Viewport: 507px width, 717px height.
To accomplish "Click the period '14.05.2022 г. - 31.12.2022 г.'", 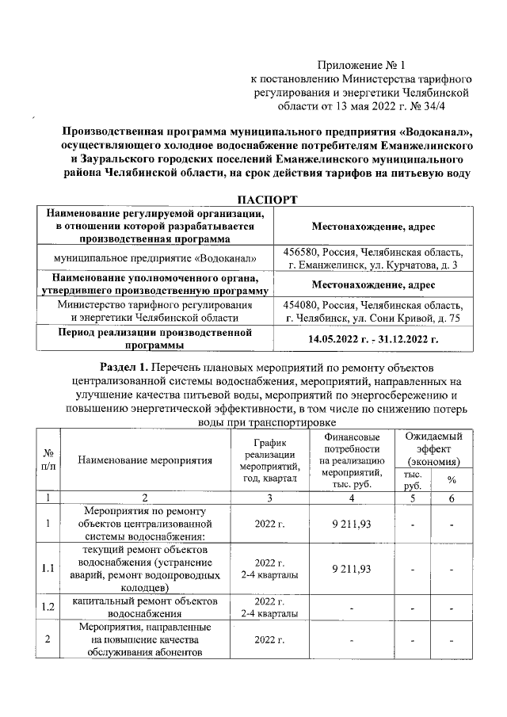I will pyautogui.click(x=373, y=338).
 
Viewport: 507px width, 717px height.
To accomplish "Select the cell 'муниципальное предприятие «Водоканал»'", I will pyautogui.click(x=154, y=258).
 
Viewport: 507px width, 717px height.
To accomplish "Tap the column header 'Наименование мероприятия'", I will pyautogui.click(x=144, y=460).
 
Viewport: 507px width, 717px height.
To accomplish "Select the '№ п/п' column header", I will pyautogui.click(x=48, y=460).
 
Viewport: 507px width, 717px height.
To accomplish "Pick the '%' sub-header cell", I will pyautogui.click(x=452, y=479).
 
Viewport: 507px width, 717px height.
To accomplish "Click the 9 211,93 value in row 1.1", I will pyautogui.click(x=350, y=569).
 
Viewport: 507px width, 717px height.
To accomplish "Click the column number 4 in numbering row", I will pyautogui.click(x=350, y=498).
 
